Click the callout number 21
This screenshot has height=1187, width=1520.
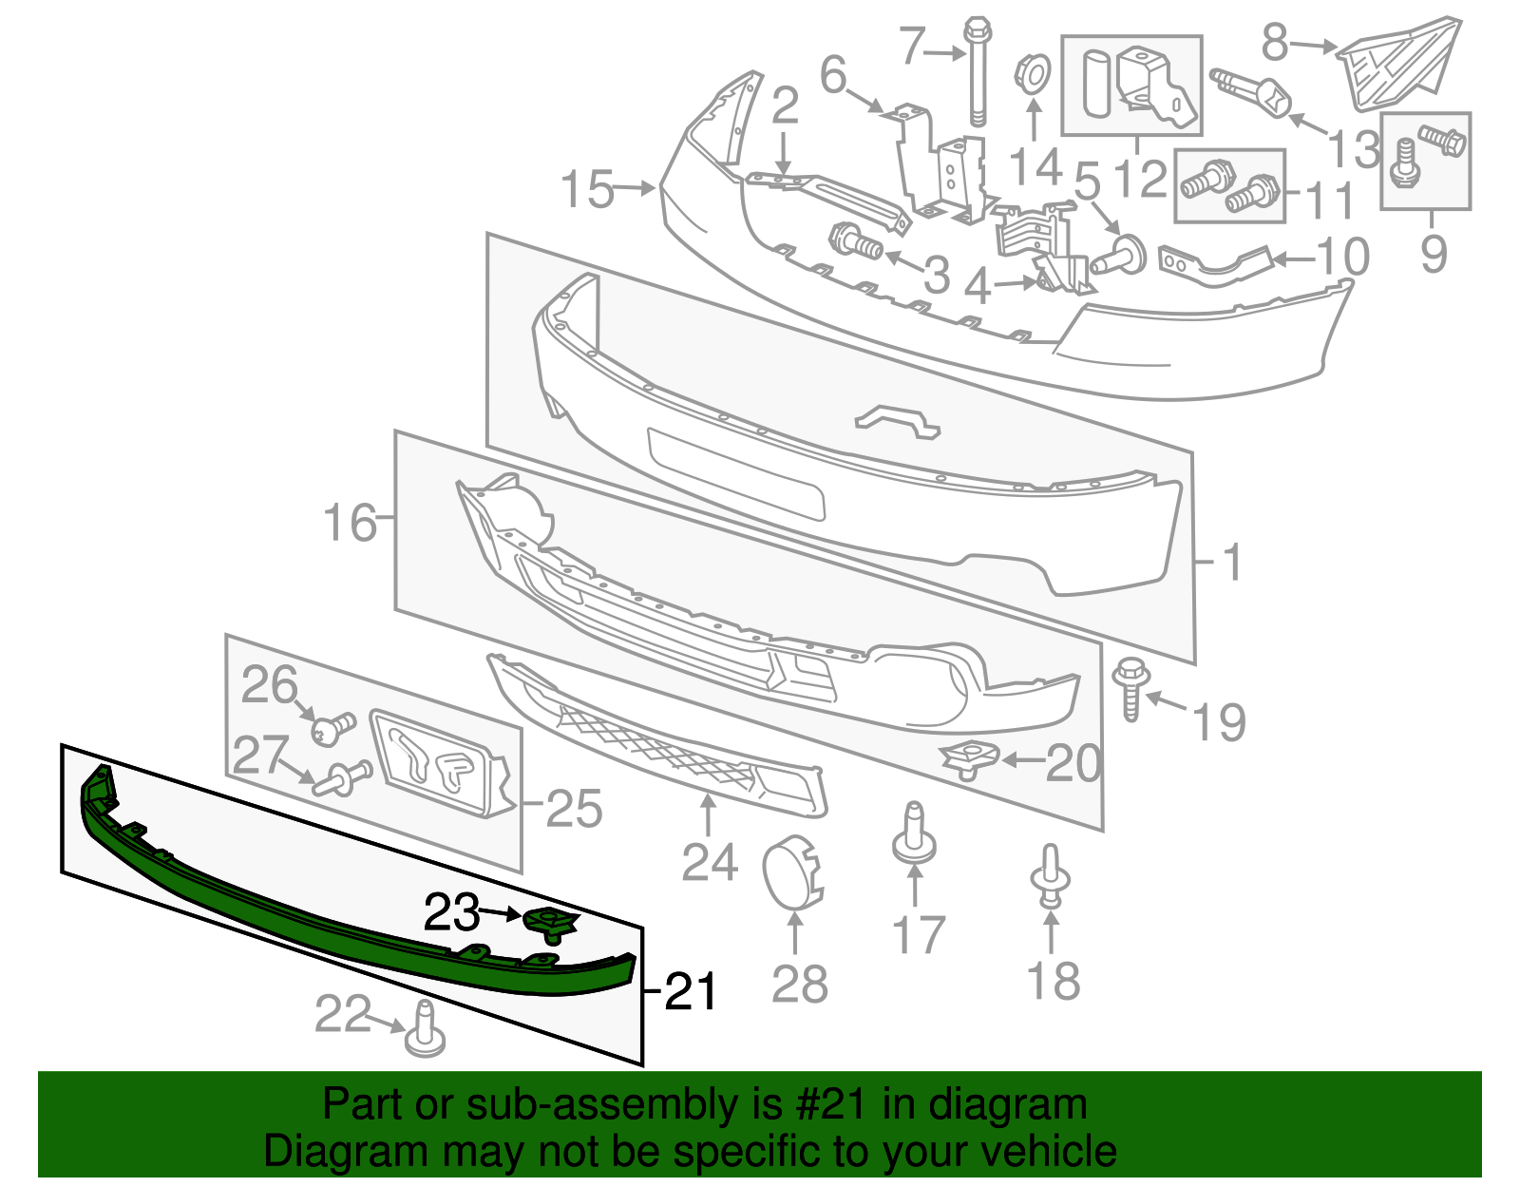(x=691, y=992)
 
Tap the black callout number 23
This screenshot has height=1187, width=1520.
(x=451, y=913)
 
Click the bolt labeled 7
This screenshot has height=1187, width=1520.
(x=977, y=71)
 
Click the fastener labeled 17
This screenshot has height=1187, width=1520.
(x=914, y=834)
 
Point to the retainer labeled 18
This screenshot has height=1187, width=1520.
(x=1050, y=877)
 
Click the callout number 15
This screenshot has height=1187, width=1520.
(x=587, y=189)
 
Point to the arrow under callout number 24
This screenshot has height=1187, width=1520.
(x=708, y=814)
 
